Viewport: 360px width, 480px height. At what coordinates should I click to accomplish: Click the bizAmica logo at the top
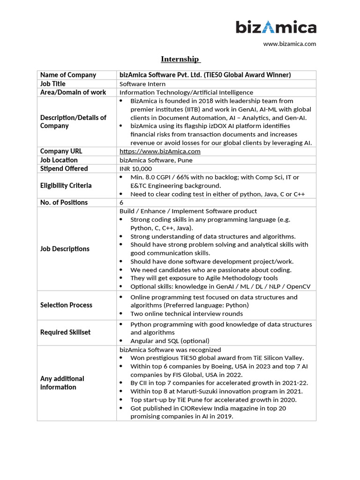click(276, 28)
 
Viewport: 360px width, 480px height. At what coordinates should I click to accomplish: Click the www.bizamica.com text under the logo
click(289, 44)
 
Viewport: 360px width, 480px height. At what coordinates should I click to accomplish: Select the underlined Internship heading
click(180, 59)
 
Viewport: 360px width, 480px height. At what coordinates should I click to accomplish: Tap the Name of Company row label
click(68, 75)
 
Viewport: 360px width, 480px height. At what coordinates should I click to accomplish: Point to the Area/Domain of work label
click(73, 92)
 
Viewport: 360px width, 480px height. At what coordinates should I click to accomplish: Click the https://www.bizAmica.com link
click(160, 151)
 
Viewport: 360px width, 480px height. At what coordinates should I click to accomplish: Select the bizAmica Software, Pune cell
click(156, 160)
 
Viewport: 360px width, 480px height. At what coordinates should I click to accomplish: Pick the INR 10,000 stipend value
click(136, 169)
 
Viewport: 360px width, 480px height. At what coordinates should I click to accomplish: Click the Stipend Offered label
click(64, 169)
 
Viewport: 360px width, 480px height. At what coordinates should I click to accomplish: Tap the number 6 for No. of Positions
click(122, 202)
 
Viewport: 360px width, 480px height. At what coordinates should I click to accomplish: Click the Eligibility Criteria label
click(66, 186)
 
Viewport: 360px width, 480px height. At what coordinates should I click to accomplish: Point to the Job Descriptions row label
click(65, 249)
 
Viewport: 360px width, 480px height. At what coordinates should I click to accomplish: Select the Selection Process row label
click(66, 305)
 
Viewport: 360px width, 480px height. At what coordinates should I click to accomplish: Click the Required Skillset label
click(65, 332)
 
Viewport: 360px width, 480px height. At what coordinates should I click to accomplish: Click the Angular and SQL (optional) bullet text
click(170, 341)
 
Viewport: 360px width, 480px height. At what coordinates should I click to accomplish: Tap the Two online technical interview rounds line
click(187, 314)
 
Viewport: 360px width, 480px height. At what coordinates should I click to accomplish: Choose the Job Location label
click(59, 160)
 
